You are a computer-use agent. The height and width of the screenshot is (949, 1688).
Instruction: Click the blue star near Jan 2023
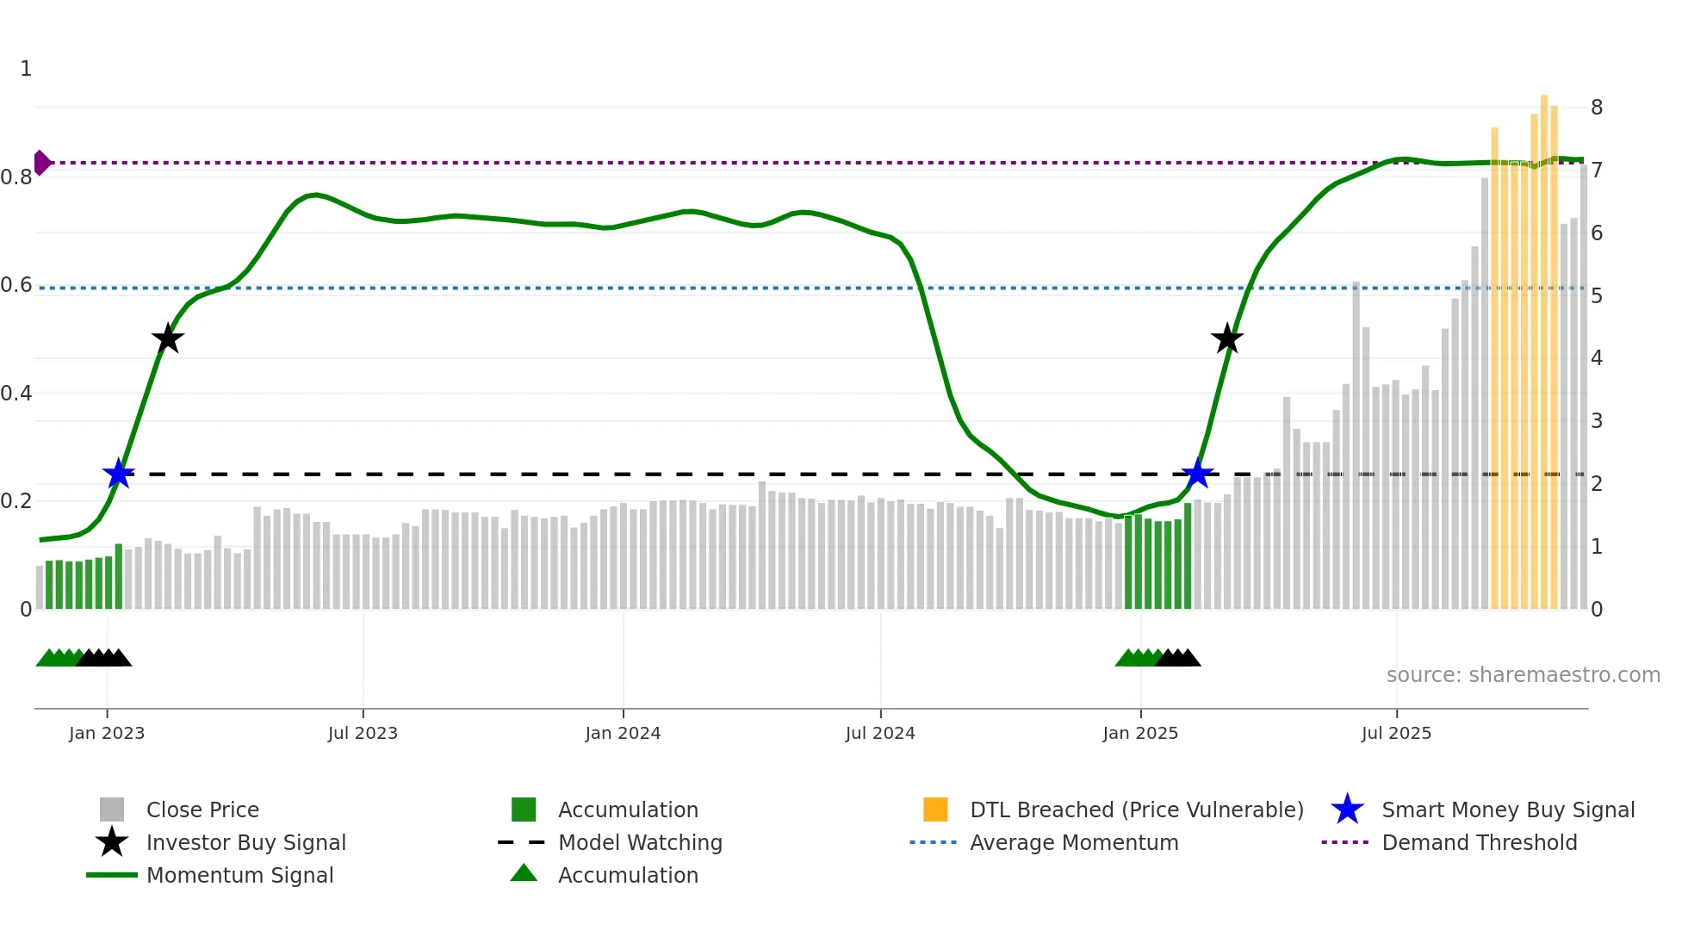[x=118, y=474]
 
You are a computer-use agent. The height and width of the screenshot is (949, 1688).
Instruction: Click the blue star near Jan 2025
[x=1197, y=474]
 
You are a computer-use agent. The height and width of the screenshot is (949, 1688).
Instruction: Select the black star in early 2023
[x=168, y=338]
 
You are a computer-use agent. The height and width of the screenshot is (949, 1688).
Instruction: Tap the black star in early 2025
[x=1226, y=338]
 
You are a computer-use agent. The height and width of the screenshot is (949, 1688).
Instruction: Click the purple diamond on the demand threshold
[x=41, y=163]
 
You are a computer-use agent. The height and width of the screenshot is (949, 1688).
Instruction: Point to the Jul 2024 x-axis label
[x=880, y=734]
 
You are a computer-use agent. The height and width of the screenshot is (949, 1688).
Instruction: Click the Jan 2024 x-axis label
[x=623, y=734]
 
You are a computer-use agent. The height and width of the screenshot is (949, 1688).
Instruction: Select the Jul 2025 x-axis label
[x=1396, y=734]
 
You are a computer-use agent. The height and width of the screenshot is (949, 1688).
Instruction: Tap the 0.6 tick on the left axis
[x=16, y=285]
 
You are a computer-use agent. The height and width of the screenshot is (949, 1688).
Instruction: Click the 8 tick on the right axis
[x=1597, y=108]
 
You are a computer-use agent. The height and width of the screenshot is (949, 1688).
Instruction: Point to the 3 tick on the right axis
[x=1597, y=421]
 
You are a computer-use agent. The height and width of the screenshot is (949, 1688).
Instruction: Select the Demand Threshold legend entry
[x=1479, y=843]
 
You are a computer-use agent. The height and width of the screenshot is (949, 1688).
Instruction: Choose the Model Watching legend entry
[x=639, y=843]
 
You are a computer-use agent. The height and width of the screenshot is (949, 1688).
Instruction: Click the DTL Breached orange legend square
[x=935, y=809]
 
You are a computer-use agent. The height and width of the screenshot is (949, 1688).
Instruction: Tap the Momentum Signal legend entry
[x=239, y=876]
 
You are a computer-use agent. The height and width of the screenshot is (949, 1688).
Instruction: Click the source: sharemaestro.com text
[x=1523, y=675]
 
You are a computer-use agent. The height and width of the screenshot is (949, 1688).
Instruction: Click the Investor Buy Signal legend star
[x=112, y=842]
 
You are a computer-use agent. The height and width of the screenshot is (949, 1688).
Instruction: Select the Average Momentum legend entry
[x=1073, y=843]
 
